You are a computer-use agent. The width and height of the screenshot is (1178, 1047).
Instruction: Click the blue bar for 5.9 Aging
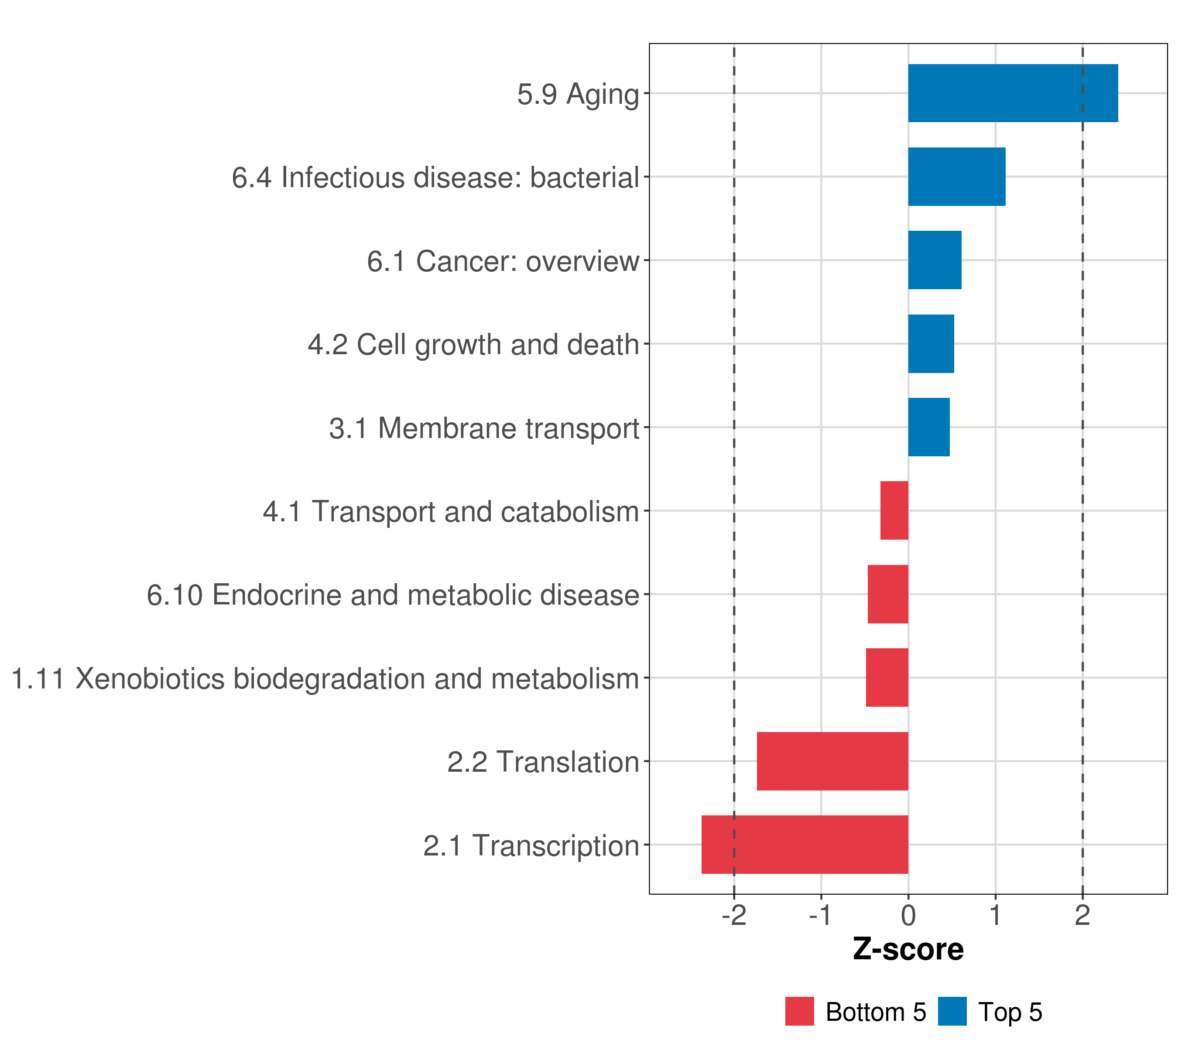pos(1013,93)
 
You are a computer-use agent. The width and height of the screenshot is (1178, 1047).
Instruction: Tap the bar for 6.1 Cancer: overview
pos(934,260)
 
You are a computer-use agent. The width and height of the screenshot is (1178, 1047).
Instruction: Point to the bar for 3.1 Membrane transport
pos(928,427)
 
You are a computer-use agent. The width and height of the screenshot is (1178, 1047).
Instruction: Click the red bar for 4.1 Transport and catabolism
pos(894,510)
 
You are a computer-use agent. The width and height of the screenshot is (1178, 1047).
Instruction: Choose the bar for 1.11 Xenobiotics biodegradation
pos(887,677)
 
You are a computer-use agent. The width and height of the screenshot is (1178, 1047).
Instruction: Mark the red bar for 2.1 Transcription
pos(805,845)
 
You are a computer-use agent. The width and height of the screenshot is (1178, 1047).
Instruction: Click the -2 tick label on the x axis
pos(734,916)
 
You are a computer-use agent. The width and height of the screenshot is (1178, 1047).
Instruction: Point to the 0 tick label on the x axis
pos(908,916)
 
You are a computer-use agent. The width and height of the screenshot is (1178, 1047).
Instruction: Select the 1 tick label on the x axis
pos(995,916)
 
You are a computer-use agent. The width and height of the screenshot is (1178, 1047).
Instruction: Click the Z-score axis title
pos(908,950)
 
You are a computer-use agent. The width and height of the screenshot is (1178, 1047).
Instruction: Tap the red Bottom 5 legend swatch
pos(799,1012)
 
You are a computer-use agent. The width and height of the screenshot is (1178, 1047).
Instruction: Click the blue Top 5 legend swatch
pos(952,1012)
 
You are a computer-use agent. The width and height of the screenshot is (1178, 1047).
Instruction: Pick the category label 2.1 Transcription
pos(531,846)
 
